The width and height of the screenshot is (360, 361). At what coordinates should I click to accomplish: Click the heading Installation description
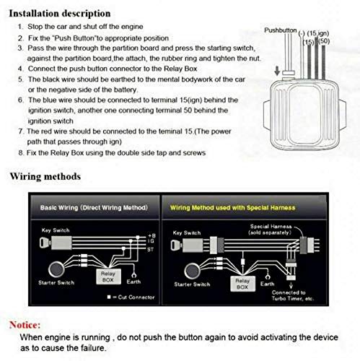(61, 13)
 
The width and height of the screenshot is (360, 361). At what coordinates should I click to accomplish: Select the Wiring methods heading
(45, 176)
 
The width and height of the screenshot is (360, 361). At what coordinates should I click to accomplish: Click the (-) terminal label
(301, 33)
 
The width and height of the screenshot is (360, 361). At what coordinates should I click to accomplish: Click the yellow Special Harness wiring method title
(227, 206)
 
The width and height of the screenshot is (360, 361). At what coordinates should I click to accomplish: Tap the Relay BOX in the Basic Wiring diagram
(107, 276)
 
